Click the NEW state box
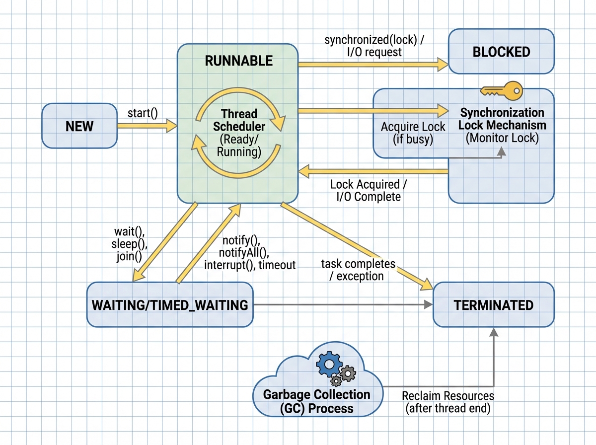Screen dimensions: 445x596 [79, 126]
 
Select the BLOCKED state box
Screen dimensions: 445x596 [501, 52]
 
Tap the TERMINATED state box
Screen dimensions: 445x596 [493, 305]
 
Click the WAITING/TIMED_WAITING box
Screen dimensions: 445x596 [169, 305]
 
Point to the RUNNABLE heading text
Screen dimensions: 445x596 [238, 61]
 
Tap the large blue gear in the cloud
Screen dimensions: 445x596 [328, 365]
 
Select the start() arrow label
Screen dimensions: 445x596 [142, 113]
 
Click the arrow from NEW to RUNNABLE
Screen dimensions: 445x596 [147, 126]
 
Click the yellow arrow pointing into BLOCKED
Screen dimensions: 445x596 [372, 63]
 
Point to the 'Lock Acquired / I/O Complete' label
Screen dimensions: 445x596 [368, 191]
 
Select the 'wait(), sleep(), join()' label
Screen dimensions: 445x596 [131, 244]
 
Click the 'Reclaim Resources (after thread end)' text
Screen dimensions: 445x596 [447, 402]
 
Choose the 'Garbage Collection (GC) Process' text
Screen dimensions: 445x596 [316, 402]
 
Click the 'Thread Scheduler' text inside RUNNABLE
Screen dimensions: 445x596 [239, 120]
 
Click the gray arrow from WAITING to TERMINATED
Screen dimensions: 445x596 [343, 305]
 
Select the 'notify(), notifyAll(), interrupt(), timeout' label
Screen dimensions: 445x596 [249, 252]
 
